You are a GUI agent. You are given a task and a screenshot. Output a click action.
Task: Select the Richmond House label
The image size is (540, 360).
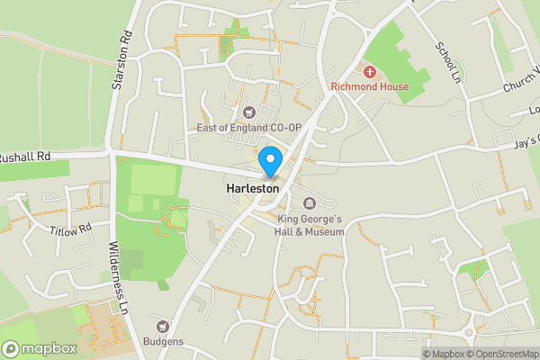(369, 86)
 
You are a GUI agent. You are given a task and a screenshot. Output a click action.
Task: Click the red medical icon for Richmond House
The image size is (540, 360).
(368, 70)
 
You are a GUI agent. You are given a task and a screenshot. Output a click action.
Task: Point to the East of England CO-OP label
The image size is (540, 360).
(248, 129)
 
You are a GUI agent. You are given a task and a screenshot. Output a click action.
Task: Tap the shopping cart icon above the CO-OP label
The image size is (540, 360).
(249, 112)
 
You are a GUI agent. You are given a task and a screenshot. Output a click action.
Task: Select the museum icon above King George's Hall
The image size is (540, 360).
(310, 202)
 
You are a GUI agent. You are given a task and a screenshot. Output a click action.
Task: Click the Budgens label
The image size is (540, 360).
(163, 342)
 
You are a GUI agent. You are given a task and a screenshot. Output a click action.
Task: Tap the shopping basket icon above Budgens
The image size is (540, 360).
(163, 327)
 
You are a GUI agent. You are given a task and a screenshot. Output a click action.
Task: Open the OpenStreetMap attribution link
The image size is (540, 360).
(503, 354)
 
